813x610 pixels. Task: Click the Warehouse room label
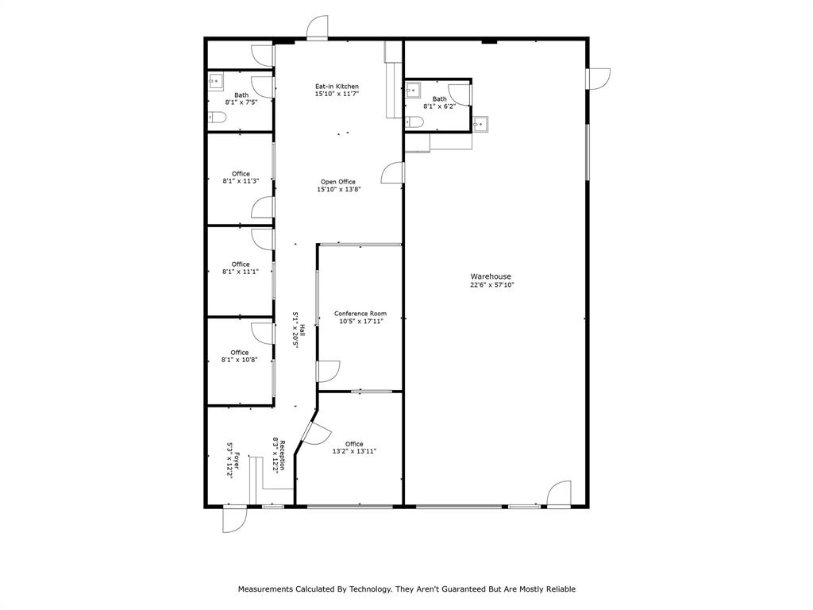(491, 276)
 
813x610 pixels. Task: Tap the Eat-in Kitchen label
(337, 86)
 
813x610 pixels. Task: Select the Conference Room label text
(360, 313)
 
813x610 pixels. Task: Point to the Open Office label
(337, 181)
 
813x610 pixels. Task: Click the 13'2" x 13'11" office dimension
(354, 451)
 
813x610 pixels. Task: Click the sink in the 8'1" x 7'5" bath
(215, 81)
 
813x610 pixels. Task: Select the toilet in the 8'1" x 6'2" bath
(413, 122)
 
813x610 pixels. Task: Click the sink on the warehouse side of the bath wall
(479, 123)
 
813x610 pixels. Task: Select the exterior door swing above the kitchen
(318, 28)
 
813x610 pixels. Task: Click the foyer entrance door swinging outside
(234, 520)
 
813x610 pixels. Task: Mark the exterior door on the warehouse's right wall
(599, 79)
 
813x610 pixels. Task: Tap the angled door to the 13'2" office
(314, 433)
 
